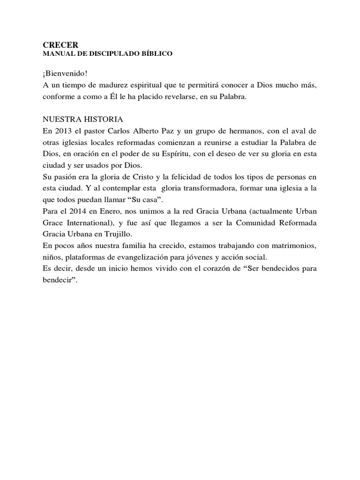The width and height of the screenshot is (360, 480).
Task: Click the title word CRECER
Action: tap(57, 45)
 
